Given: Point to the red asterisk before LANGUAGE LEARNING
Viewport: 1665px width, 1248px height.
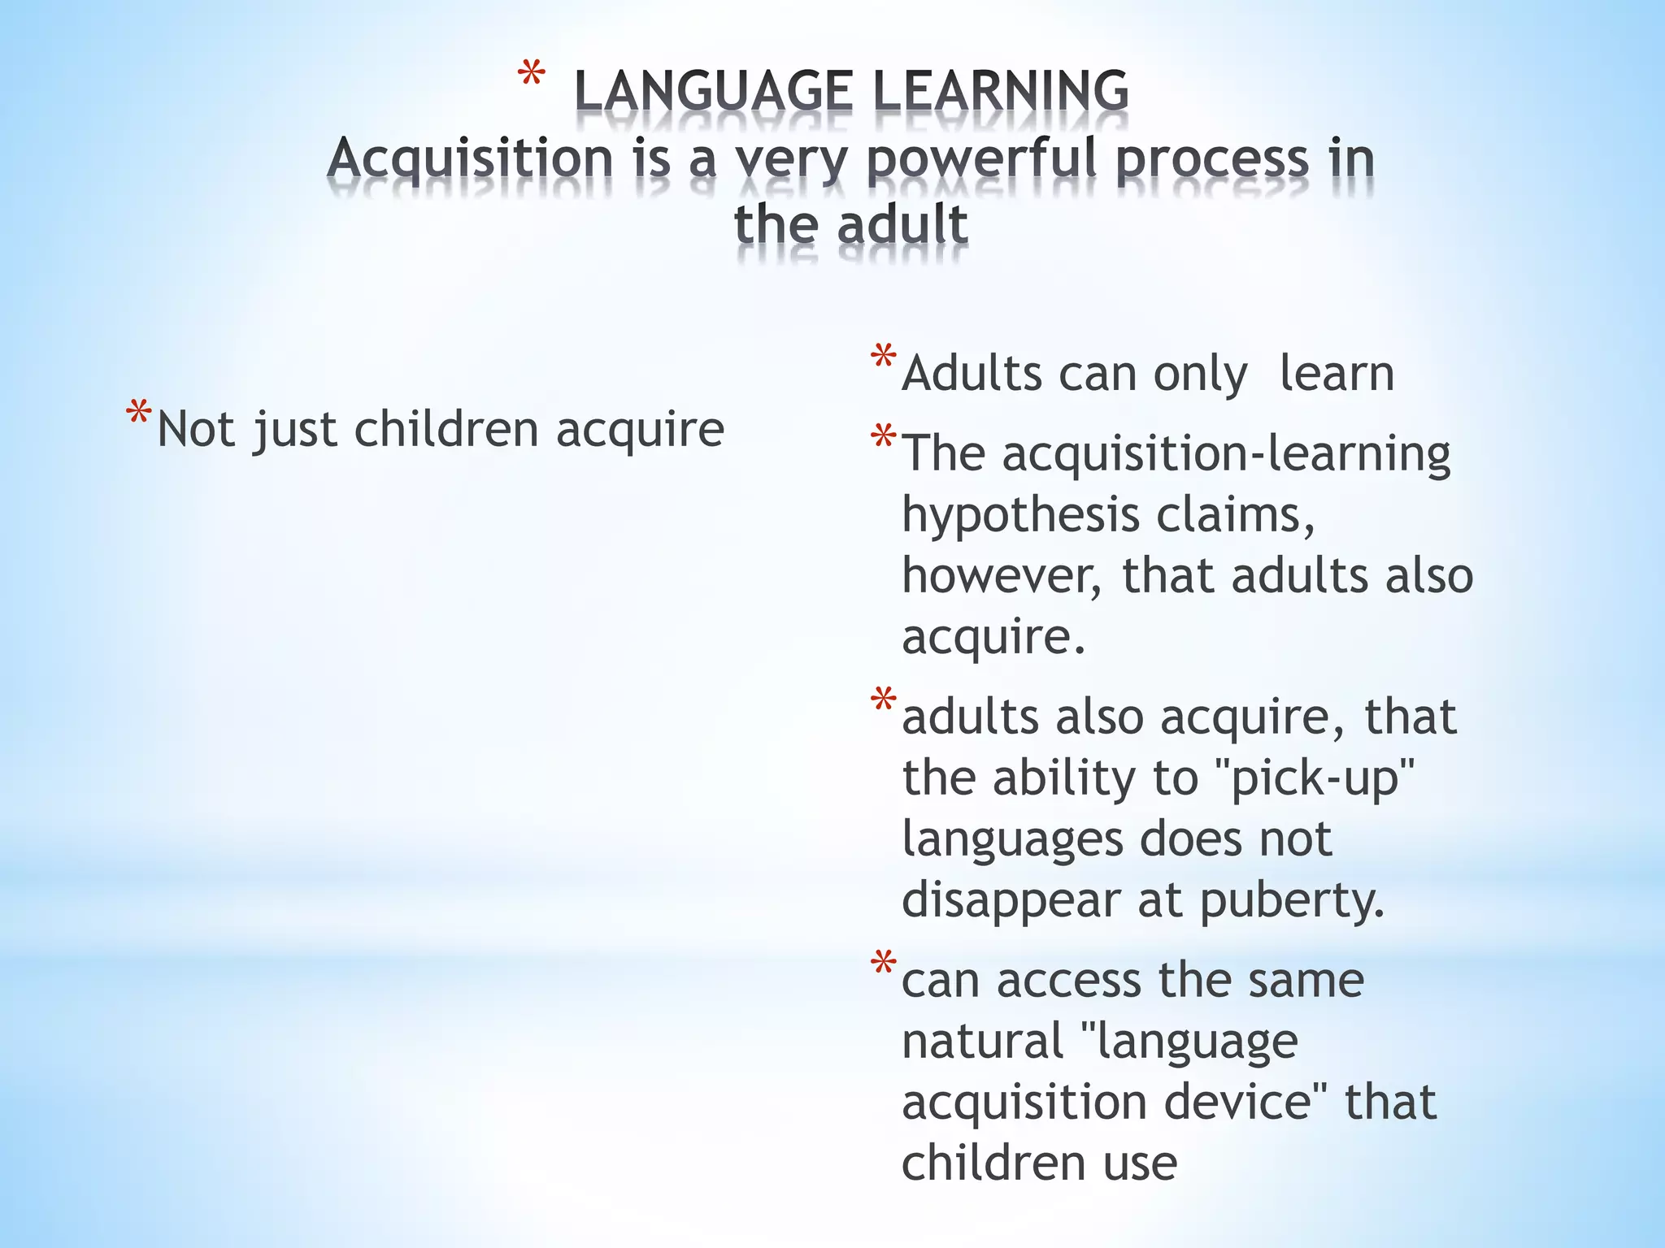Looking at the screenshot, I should [x=531, y=77].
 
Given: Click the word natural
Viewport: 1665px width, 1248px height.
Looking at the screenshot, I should [x=983, y=1041].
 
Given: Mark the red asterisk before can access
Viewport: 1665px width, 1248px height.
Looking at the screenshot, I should [x=883, y=964].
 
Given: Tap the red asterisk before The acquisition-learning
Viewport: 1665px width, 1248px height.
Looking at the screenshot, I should [x=883, y=439].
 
